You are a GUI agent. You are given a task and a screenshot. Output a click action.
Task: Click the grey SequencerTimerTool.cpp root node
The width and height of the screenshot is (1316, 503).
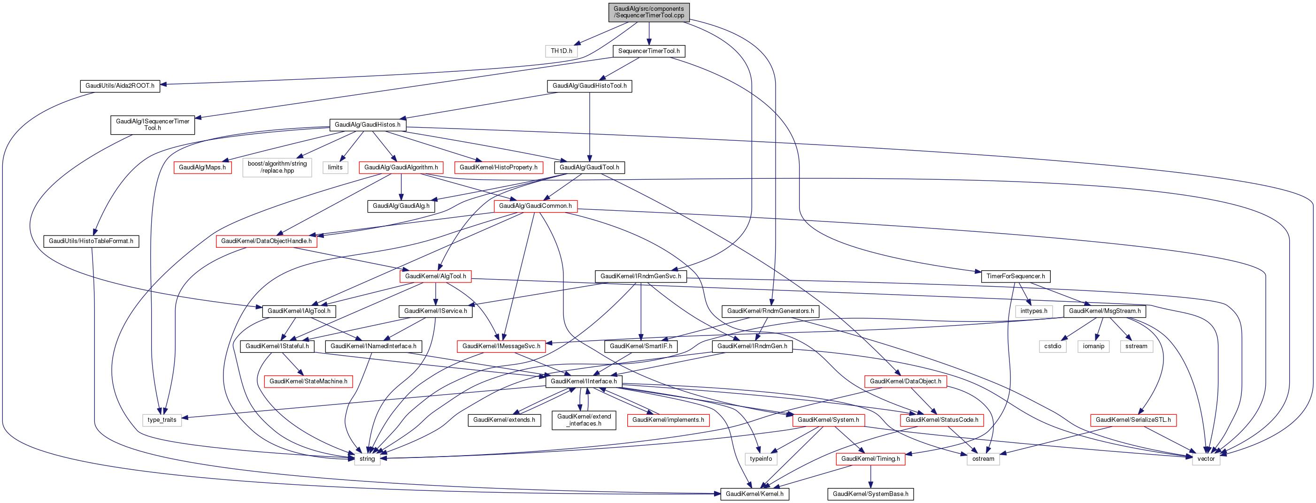click(x=649, y=12)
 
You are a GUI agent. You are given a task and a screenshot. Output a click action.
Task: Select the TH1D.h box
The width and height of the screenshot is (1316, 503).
click(x=561, y=51)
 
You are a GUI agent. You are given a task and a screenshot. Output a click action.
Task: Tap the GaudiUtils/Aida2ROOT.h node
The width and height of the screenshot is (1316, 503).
click(x=120, y=86)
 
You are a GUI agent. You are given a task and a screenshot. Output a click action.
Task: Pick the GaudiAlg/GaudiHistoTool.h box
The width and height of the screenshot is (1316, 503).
click(x=589, y=86)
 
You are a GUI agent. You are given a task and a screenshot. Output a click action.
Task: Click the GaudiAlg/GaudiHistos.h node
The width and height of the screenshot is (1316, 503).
click(x=367, y=125)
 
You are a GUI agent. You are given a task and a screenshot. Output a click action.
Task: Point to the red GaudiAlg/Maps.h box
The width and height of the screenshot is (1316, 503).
click(x=202, y=168)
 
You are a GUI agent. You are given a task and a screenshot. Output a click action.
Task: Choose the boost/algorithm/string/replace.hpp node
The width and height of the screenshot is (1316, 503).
click(x=277, y=167)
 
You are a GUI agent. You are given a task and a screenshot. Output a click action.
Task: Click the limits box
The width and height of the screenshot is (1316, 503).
click(x=335, y=168)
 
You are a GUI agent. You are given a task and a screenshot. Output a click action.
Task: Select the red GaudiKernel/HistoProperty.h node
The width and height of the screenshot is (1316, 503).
click(x=498, y=168)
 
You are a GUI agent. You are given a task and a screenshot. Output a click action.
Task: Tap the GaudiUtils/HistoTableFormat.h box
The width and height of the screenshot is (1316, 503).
click(x=91, y=241)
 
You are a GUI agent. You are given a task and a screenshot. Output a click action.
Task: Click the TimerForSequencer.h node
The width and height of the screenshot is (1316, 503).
click(x=1015, y=276)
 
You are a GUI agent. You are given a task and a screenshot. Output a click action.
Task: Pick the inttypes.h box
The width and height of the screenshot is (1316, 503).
click(x=1033, y=311)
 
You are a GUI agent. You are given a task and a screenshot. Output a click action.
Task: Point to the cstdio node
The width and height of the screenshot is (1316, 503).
click(x=1053, y=346)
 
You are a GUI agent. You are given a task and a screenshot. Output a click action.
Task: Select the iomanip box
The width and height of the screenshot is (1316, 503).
click(x=1093, y=346)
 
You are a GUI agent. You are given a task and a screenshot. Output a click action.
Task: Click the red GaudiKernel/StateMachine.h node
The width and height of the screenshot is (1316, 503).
click(x=308, y=381)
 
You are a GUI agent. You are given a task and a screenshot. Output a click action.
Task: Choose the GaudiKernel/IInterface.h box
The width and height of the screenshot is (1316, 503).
click(x=584, y=381)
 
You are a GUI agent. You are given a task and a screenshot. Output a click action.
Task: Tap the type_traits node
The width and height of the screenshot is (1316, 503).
click(x=162, y=420)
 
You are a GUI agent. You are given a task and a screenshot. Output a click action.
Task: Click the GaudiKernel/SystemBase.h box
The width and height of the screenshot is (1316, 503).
click(x=870, y=494)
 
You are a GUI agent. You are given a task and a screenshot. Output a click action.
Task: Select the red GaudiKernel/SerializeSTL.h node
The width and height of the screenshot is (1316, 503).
click(x=1133, y=420)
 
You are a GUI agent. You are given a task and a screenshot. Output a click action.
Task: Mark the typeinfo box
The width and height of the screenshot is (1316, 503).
click(x=761, y=458)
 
